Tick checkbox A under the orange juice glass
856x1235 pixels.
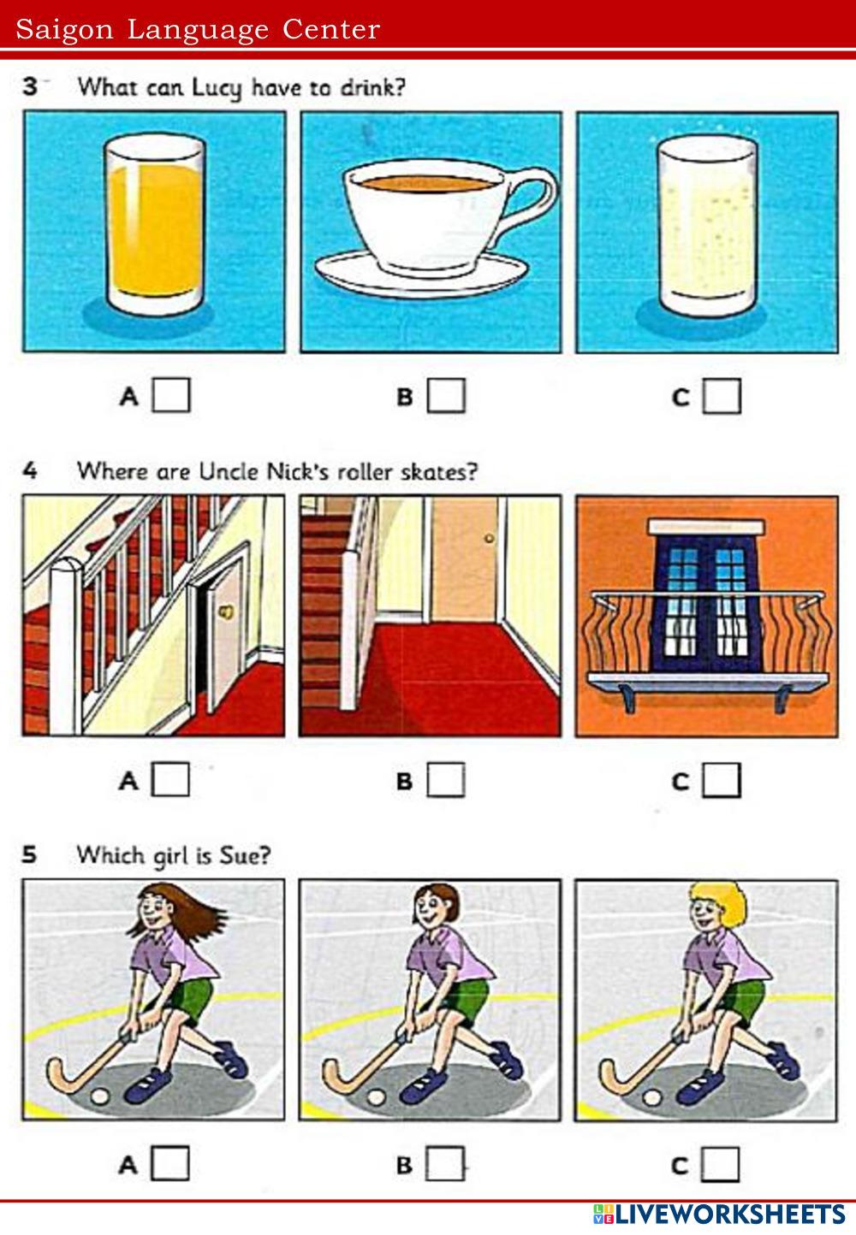(171, 395)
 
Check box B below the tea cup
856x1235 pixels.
(446, 395)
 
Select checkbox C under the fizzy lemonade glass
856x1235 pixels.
(722, 396)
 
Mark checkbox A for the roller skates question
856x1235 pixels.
(170, 779)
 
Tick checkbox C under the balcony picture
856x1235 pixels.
(722, 780)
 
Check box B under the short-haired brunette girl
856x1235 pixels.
(445, 1163)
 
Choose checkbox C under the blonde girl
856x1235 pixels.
(721, 1164)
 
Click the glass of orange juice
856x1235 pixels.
(155, 226)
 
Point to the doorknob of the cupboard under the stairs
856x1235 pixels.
(226, 611)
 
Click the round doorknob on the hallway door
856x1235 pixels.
(489, 538)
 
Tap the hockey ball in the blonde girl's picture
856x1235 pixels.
(651, 1097)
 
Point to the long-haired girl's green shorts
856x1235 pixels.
(189, 999)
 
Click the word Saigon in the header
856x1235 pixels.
(64, 29)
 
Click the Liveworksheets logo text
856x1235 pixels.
(719, 1214)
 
